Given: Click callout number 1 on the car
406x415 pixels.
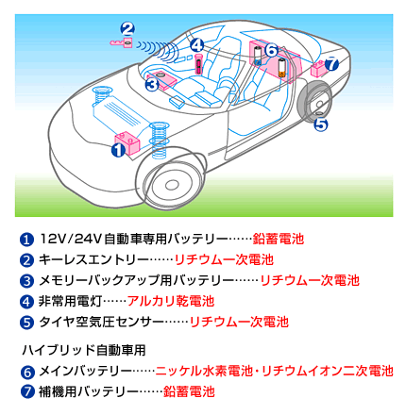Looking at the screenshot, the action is click(x=118, y=150).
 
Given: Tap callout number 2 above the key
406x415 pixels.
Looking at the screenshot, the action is click(x=127, y=29).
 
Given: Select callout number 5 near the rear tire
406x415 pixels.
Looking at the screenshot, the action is click(x=321, y=124).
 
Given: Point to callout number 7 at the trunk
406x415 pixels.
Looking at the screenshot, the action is click(x=331, y=64).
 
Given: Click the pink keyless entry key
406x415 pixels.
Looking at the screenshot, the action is click(x=121, y=42).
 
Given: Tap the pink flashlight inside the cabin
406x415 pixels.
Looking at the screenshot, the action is click(x=198, y=64).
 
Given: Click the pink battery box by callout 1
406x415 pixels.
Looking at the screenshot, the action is click(x=128, y=142).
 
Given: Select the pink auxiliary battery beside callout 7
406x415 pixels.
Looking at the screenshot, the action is click(x=318, y=69).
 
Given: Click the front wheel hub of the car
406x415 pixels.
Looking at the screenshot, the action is click(x=172, y=185).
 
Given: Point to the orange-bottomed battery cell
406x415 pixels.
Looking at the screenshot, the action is click(x=282, y=67).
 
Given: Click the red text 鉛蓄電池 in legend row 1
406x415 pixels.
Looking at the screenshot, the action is click(x=279, y=239).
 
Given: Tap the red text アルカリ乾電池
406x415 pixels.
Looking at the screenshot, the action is click(x=171, y=301).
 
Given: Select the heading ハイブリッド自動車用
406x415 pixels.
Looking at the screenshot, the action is click(x=84, y=350).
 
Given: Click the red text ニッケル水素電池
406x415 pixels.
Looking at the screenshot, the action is click(x=204, y=371).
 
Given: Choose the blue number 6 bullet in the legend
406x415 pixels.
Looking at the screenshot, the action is click(x=27, y=372).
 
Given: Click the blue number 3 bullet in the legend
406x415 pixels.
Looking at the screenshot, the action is click(x=26, y=281).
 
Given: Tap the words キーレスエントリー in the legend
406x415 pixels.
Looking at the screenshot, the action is click(x=93, y=259).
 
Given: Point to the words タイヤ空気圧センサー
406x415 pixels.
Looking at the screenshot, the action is click(x=101, y=322).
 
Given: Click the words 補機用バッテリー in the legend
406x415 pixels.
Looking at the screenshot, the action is click(x=89, y=391).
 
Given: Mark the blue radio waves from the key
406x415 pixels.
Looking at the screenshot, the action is click(x=159, y=50).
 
